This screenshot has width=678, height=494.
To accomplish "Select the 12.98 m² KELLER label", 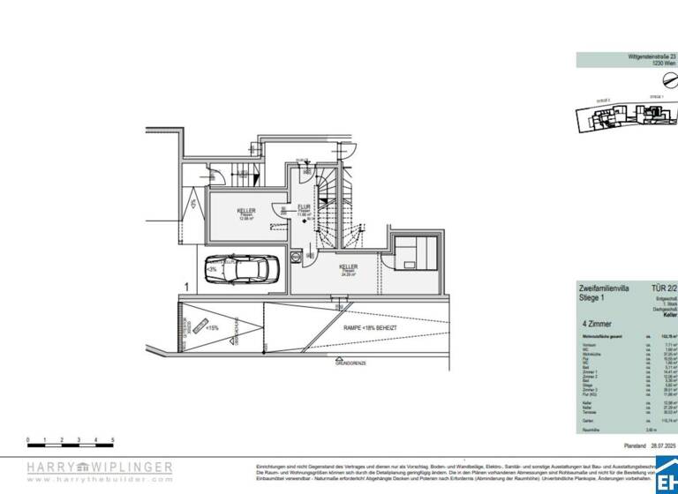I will (x=246, y=213).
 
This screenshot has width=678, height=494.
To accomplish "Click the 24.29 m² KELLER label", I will (x=349, y=268).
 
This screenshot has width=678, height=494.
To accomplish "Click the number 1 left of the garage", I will (x=186, y=286).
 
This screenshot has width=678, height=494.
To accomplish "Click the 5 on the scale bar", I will (x=112, y=438).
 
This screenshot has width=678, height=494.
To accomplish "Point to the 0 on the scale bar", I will (x=28, y=438).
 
